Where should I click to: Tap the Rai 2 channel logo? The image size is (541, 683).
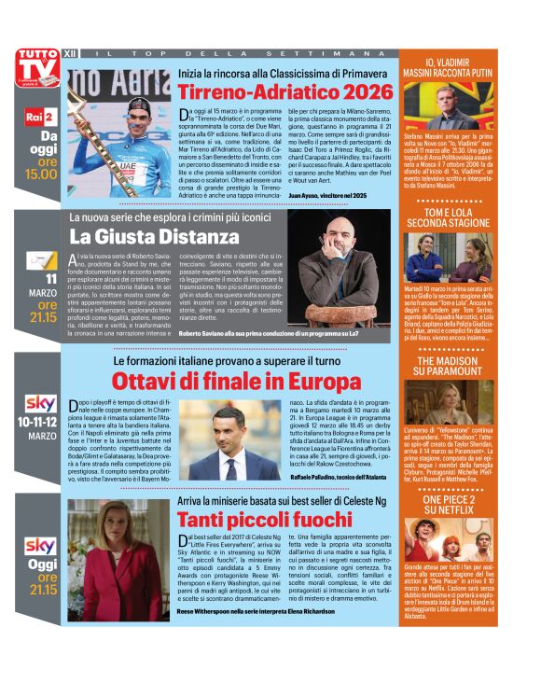coord(39,116)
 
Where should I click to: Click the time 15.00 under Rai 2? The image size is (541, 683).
coord(41,174)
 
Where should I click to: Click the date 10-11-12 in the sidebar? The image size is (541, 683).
coord(41,423)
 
